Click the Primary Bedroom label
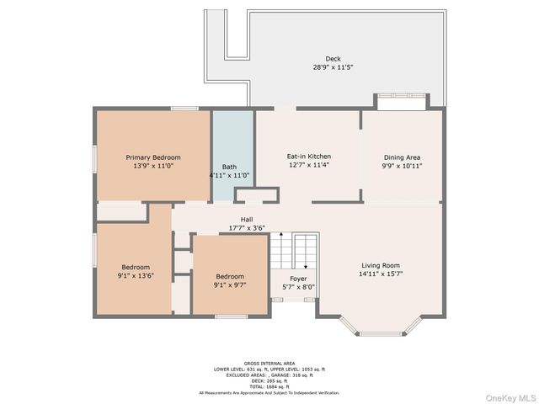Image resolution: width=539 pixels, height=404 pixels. click(x=153, y=157)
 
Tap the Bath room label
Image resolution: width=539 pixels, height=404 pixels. click(x=229, y=167)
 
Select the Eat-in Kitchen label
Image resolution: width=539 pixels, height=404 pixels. click(x=308, y=157)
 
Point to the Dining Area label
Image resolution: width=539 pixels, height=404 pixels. click(x=402, y=157)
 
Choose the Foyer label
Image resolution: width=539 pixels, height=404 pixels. click(x=298, y=279)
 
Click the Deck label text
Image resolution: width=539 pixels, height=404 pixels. click(x=334, y=59)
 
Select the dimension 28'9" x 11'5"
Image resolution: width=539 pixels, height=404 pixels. click(x=334, y=67)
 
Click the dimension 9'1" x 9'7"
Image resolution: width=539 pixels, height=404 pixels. click(x=230, y=285)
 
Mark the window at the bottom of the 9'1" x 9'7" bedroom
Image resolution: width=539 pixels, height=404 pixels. click(x=229, y=316)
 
